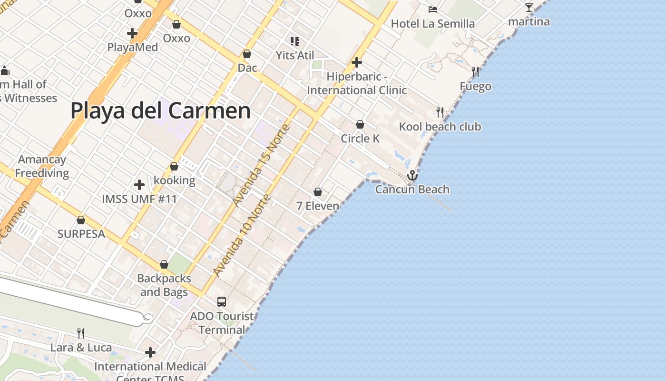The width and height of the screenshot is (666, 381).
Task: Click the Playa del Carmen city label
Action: (x=160, y=110)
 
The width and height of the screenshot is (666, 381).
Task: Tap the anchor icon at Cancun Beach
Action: (x=412, y=175)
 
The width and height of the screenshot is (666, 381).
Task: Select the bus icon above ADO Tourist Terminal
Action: (x=222, y=301)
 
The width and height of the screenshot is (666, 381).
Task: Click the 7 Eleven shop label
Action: (x=318, y=206)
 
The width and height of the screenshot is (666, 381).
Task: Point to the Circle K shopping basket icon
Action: (x=360, y=124)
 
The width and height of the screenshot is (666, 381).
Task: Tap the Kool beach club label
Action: (x=440, y=127)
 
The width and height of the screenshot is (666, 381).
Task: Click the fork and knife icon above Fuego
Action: (x=475, y=72)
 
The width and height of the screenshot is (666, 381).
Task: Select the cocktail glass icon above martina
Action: (x=529, y=8)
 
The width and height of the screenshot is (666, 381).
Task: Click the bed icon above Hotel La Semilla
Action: (x=432, y=9)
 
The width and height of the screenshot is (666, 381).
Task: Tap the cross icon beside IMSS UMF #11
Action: (x=139, y=184)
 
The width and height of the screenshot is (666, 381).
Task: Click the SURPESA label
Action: (x=81, y=234)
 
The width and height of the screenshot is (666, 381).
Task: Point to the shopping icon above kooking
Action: (x=174, y=166)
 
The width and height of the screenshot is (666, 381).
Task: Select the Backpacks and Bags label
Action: (x=164, y=285)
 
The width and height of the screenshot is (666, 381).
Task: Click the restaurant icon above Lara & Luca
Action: (x=81, y=333)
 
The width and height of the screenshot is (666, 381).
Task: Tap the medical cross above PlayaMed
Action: (x=132, y=33)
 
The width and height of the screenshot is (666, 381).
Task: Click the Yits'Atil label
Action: (x=295, y=55)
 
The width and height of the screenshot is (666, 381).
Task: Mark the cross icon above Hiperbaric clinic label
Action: (x=356, y=62)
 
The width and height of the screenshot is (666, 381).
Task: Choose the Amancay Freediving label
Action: (x=42, y=166)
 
